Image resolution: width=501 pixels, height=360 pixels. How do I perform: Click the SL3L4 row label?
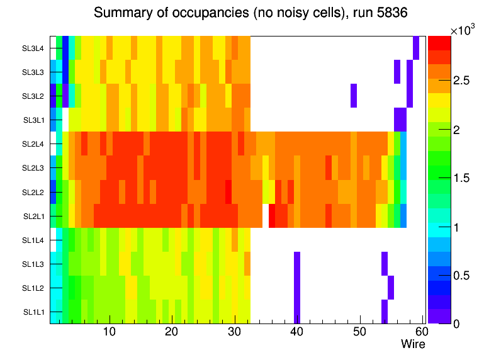33,48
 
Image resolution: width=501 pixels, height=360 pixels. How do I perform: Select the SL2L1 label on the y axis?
33,216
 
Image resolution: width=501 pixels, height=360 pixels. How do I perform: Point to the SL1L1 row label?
33,312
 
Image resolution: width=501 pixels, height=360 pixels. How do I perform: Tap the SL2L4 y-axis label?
33,144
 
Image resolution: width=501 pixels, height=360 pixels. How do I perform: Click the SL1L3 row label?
33,264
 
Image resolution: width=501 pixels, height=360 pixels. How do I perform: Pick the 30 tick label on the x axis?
234,332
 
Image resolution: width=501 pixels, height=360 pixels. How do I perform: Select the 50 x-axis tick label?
359,332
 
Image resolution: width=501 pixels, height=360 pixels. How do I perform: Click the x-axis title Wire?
413,344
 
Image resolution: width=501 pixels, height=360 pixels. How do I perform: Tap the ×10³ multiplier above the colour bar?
464,30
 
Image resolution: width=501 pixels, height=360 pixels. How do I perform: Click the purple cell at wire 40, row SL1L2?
297,288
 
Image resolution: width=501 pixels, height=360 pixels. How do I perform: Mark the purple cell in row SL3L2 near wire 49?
354,96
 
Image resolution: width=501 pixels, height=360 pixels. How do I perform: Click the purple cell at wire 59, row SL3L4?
416,48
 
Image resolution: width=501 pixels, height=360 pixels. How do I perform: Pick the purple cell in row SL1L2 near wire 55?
391,288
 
